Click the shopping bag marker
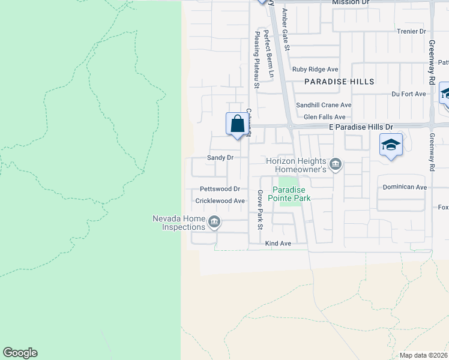[238, 124]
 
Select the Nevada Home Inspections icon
[213, 223]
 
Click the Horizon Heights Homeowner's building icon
[336, 164]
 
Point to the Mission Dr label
[351, 3]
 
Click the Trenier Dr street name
[411, 31]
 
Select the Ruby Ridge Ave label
[315, 69]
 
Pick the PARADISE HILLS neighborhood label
[339, 82]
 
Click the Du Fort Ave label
[408, 94]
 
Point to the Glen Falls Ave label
[325, 117]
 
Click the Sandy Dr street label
[220, 157]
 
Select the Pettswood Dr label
[220, 189]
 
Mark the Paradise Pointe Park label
[289, 193]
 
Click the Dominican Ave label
[405, 187]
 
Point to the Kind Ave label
[278, 244]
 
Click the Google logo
[20, 353]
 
